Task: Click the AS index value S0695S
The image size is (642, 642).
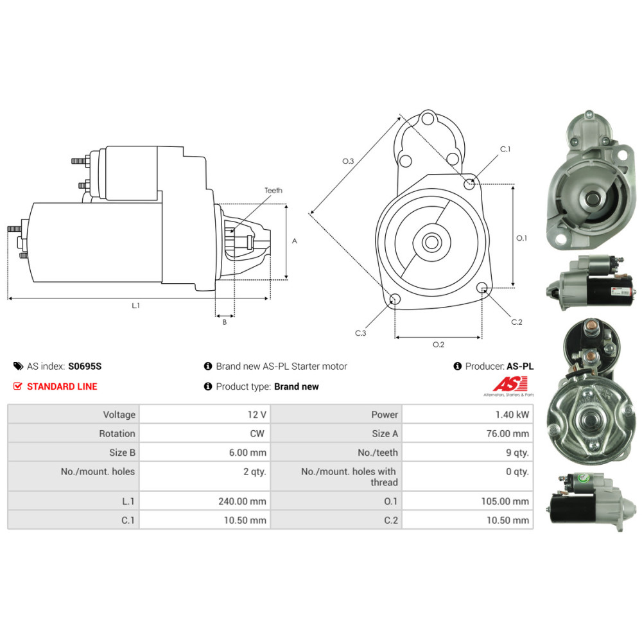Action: pyautogui.click(x=85, y=366)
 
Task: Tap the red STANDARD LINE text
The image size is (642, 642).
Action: pyautogui.click(x=62, y=386)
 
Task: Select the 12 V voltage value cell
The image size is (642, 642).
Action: pyautogui.click(x=257, y=415)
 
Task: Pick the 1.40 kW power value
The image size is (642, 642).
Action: pyautogui.click(x=512, y=415)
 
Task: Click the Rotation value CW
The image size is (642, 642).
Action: pyautogui.click(x=257, y=433)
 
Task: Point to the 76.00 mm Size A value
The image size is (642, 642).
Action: pyautogui.click(x=508, y=433)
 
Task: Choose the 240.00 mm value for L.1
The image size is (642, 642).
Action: pyautogui.click(x=243, y=501)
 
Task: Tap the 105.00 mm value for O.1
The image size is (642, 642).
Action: pyautogui.click(x=505, y=501)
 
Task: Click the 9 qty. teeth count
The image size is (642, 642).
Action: pyautogui.click(x=517, y=453)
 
